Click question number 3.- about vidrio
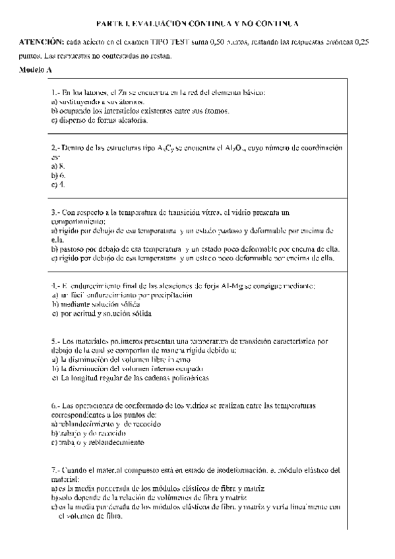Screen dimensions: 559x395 [x=56, y=214]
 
